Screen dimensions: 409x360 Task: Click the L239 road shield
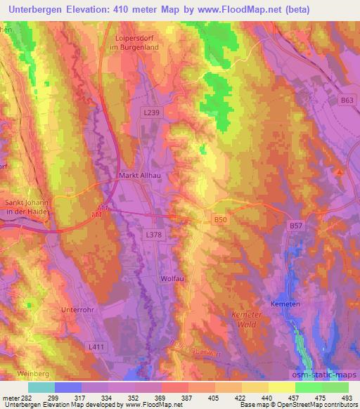click(151, 112)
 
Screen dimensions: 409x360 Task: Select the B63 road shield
click(345, 101)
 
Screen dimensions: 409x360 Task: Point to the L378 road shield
click(155, 235)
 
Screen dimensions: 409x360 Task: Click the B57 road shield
click(297, 226)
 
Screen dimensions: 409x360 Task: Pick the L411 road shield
click(97, 348)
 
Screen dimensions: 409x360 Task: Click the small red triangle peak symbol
click(340, 171)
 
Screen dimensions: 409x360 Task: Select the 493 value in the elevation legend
click(346, 399)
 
